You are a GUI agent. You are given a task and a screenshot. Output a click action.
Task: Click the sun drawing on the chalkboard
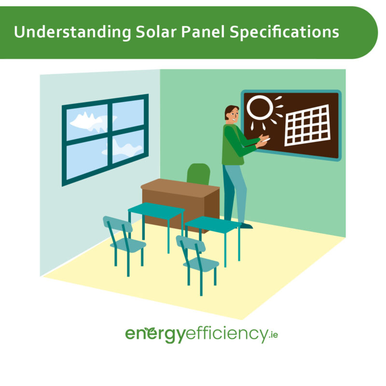(x=260, y=108)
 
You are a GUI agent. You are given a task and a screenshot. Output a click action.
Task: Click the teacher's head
(x=232, y=114)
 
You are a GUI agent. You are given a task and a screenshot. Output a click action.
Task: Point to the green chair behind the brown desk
(x=198, y=173)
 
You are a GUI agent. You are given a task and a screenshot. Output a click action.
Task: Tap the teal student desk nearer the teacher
(x=212, y=224)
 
